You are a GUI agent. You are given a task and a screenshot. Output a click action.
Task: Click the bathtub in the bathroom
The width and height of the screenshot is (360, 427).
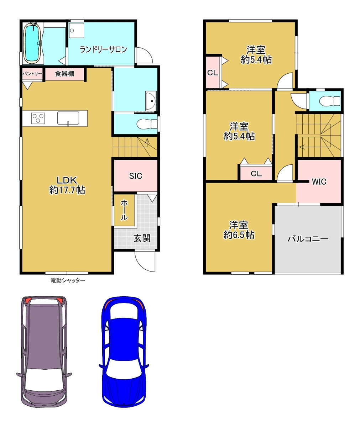(33, 43)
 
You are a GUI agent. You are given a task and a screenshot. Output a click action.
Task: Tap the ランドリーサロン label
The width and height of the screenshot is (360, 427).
(103, 49)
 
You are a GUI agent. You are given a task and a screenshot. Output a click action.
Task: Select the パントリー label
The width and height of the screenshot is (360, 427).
(32, 74)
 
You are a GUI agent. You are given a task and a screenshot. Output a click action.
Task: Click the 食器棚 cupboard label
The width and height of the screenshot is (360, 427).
(64, 74)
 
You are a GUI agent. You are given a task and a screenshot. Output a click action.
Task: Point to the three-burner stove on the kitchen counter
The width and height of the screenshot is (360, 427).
(38, 118)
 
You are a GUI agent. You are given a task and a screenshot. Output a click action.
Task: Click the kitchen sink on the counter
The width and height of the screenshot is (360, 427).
(68, 118)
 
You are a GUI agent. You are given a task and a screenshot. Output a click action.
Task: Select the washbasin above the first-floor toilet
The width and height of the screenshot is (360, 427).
(151, 101)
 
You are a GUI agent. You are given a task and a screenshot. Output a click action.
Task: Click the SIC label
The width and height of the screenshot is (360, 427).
(135, 176)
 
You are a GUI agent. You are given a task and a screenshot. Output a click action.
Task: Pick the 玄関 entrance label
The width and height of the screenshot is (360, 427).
(142, 238)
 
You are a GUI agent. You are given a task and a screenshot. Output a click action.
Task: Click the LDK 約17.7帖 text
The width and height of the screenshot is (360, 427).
(67, 185)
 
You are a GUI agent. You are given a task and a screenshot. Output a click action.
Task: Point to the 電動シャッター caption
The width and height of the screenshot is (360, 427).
(68, 280)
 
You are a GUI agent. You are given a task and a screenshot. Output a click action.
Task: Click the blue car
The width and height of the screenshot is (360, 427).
(124, 352)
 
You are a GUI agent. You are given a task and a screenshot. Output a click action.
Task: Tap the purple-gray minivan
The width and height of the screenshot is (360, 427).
(44, 352)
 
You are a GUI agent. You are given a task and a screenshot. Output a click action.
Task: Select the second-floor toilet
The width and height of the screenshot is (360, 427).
(329, 101)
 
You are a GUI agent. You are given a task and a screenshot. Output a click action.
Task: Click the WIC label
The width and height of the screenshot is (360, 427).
(319, 181)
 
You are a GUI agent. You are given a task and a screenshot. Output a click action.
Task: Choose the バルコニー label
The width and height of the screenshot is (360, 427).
(308, 239)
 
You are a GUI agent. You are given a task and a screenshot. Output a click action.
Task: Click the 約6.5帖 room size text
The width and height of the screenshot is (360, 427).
(239, 235)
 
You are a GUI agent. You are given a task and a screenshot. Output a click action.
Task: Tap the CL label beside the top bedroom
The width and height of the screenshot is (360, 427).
(213, 73)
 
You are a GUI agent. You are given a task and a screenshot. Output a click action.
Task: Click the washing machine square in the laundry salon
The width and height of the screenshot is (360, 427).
(76, 31)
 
